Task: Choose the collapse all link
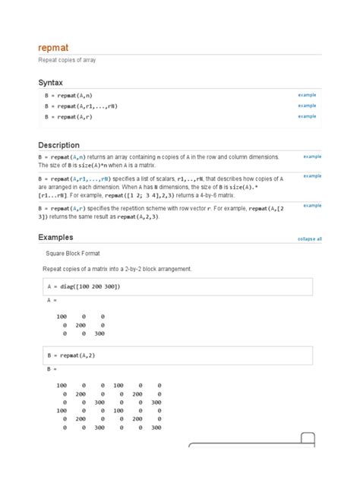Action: (x=309, y=238)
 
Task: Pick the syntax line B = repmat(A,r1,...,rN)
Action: (x=81, y=106)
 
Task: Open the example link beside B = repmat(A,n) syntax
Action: (x=307, y=94)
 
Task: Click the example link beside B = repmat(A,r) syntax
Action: (x=307, y=116)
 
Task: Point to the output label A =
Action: (x=52, y=301)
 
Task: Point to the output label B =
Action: (x=52, y=369)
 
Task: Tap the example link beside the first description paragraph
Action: (x=312, y=156)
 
